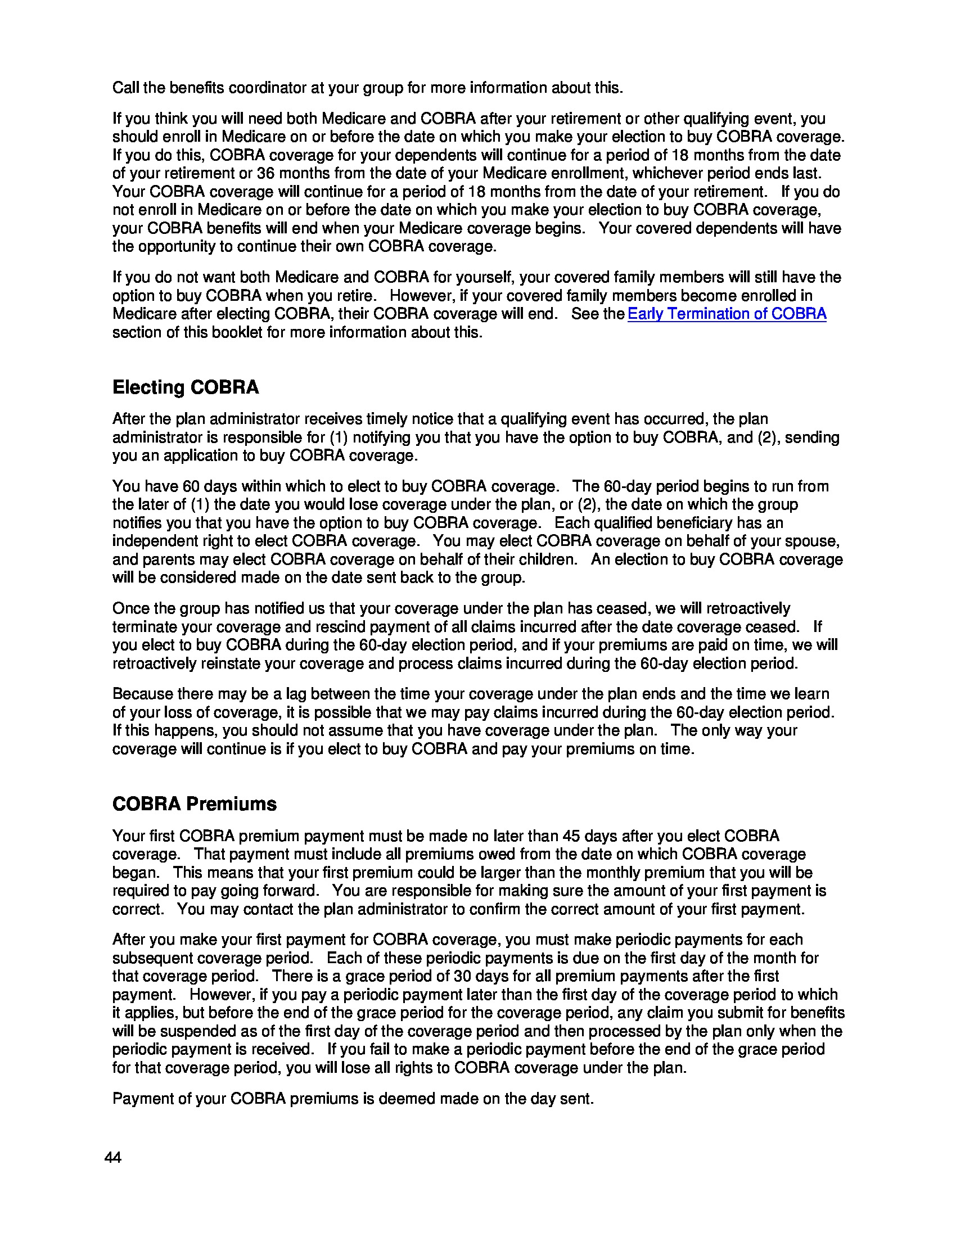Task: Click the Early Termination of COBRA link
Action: (x=727, y=314)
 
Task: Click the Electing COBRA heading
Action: (x=185, y=387)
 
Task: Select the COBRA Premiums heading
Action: (x=194, y=803)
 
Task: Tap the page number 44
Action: (x=112, y=1158)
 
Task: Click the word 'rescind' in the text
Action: (x=304, y=627)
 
